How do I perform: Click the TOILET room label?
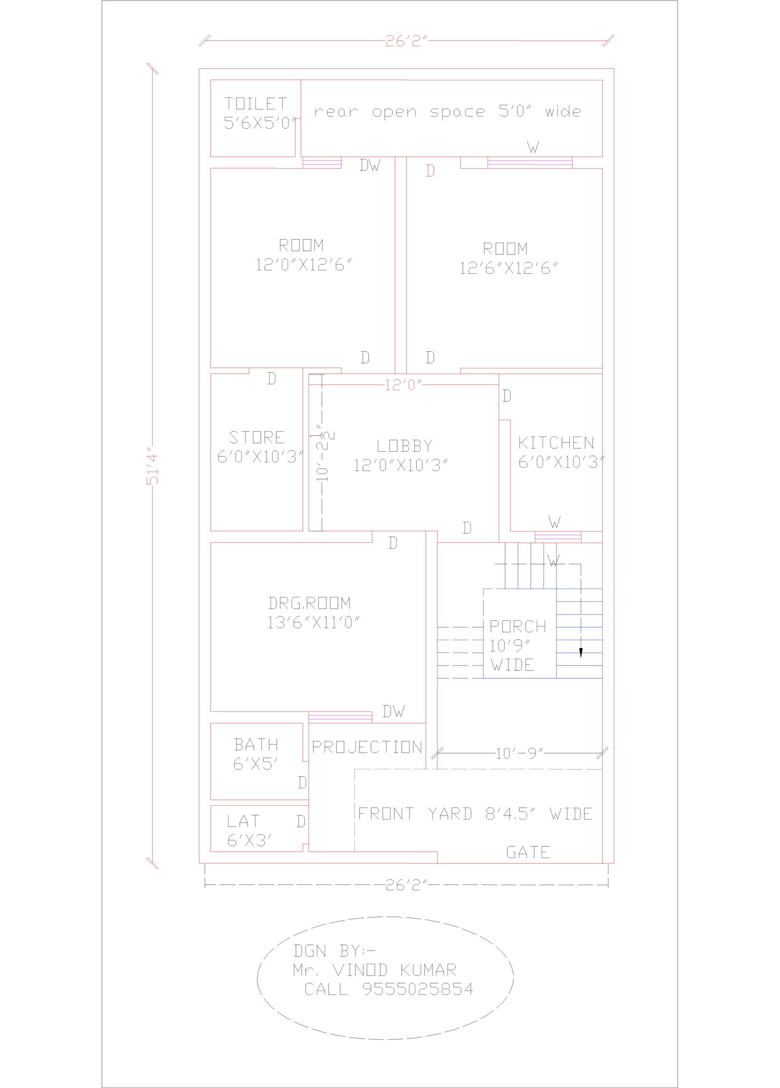255,104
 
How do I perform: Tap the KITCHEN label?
556,443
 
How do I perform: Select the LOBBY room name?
405,446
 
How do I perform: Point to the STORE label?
257,437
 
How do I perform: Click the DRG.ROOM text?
309,603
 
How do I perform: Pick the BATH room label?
256,745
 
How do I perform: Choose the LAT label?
243,821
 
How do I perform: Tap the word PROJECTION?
367,747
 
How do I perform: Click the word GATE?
528,853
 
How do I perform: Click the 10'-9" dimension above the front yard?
519,754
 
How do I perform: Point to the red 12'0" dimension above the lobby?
403,385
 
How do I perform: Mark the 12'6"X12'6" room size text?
508,268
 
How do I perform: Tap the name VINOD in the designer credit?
360,970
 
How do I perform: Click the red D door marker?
430,171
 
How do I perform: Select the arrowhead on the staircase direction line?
581,653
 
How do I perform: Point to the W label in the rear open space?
533,147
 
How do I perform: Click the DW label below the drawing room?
393,711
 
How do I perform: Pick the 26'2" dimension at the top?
406,41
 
